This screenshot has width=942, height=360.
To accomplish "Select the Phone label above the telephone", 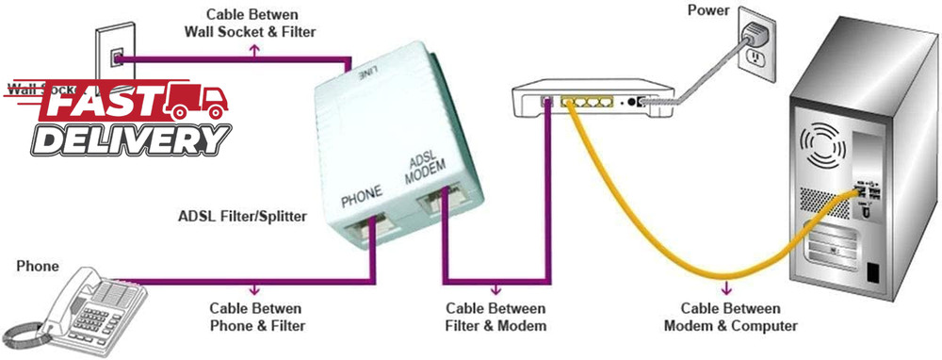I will click(38, 267).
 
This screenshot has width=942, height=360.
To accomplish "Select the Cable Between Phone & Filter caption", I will click(255, 317).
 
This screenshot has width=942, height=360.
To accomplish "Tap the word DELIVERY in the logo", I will click(131, 139).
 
